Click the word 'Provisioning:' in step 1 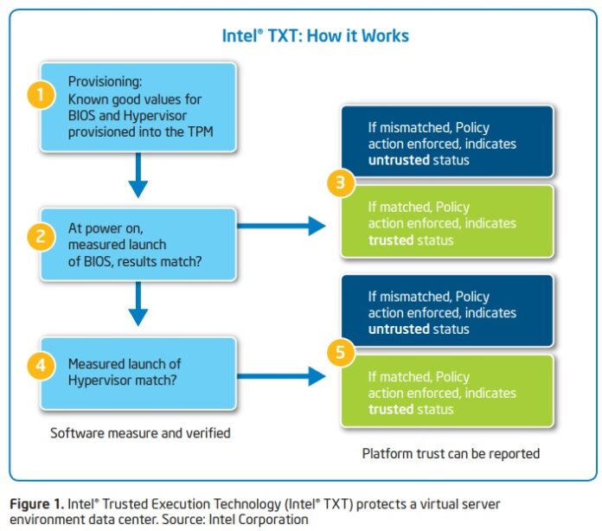point(106,82)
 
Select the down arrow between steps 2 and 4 point(138,304)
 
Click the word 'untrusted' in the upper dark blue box point(399,161)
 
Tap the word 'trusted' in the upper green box point(390,240)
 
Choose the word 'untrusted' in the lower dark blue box point(399,329)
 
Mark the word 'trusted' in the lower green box point(390,409)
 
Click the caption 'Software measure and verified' point(140,432)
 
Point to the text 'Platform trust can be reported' point(451,453)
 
